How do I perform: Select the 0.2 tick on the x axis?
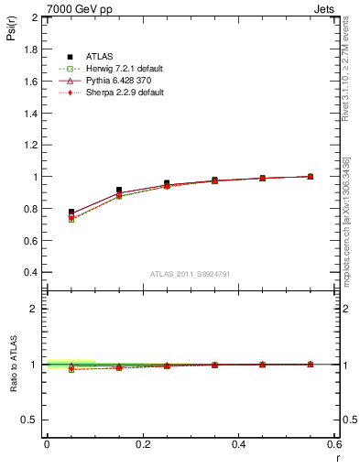[x=142, y=443]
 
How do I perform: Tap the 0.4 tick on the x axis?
[x=238, y=443]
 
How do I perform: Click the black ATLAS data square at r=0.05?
[x=71, y=212]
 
